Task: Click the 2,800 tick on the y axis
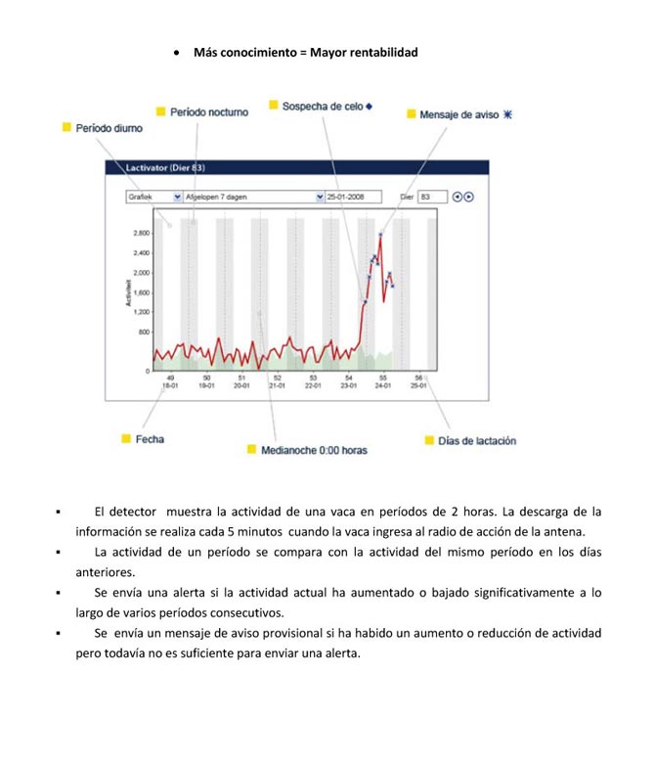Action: tap(141, 234)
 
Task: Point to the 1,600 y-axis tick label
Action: tap(141, 292)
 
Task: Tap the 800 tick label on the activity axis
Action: tap(143, 332)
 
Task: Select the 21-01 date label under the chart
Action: tap(277, 385)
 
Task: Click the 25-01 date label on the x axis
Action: tap(418, 385)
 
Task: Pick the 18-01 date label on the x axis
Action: tap(171, 385)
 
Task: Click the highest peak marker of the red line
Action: tap(380, 234)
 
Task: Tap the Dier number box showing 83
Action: tap(431, 197)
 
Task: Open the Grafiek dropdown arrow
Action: tap(177, 197)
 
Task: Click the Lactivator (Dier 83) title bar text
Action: tap(164, 168)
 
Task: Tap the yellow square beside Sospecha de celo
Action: tap(274, 106)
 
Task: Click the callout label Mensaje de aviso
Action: tap(459, 114)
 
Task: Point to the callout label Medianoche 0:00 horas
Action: tap(314, 450)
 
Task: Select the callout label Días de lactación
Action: tap(476, 441)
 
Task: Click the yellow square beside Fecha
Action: tap(125, 439)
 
